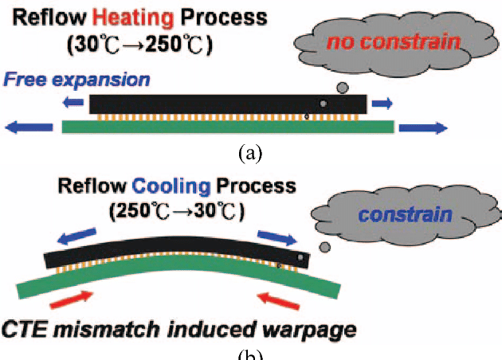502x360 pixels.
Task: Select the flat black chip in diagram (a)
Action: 228,104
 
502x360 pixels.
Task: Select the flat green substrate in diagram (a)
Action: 228,126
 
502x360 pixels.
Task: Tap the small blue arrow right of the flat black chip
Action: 382,104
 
